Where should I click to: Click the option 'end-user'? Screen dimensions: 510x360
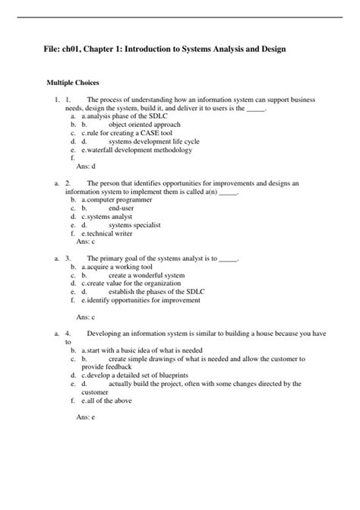click(124, 207)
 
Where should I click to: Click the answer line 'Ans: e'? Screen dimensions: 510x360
click(86, 417)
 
